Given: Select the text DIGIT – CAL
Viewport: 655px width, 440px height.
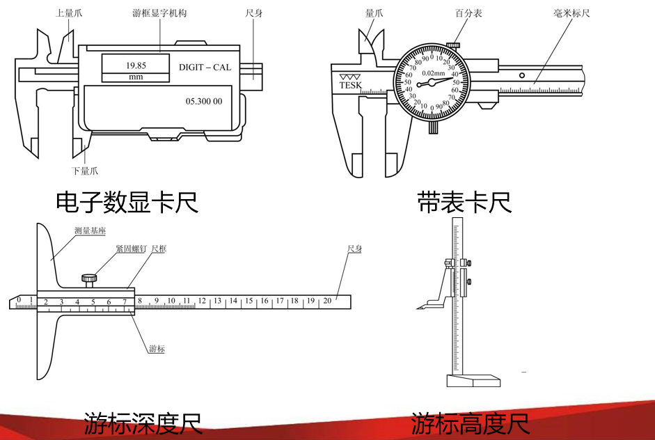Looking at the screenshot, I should [x=205, y=68].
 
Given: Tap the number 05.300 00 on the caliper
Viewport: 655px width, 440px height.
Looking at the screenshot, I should [x=204, y=101].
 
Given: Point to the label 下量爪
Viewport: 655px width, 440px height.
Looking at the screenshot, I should [x=85, y=171].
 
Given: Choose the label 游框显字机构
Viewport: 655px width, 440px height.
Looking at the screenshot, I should [x=159, y=13].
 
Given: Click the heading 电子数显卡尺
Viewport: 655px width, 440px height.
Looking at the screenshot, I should [x=127, y=202].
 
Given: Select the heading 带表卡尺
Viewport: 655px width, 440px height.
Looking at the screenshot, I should [x=464, y=202].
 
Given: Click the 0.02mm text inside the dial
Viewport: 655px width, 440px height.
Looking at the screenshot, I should [x=434, y=72].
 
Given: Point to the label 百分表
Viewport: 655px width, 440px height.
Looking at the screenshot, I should [x=468, y=13].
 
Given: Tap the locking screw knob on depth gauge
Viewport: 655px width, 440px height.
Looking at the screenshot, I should [x=89, y=279].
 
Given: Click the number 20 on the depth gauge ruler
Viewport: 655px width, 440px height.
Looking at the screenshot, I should [x=327, y=301].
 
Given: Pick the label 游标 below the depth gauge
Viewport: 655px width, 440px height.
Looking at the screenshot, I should [x=157, y=349].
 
